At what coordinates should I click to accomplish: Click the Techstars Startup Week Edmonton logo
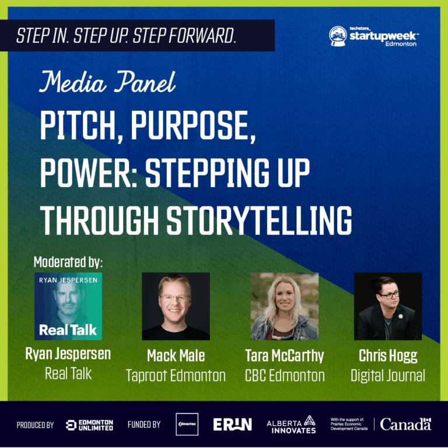pyautogui.click(x=373, y=36)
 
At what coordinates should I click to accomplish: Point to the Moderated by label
pyautogui.click(x=68, y=261)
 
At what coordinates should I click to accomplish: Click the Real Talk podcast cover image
pyautogui.click(x=68, y=306)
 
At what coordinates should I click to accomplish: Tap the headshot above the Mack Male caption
pyautogui.click(x=176, y=306)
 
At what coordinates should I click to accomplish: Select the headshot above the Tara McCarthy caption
pyautogui.click(x=284, y=306)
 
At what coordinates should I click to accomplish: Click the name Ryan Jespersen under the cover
pyautogui.click(x=68, y=354)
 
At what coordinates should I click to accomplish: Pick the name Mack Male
pyautogui.click(x=176, y=356)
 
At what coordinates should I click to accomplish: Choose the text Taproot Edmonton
pyautogui.click(x=176, y=376)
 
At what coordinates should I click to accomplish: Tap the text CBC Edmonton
pyautogui.click(x=285, y=376)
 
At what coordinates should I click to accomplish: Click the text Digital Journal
pyautogui.click(x=388, y=376)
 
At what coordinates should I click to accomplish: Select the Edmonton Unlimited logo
pyautogui.click(x=89, y=425)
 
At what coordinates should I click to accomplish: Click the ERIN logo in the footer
pyautogui.click(x=232, y=425)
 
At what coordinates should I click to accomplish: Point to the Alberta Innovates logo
pyautogui.click(x=291, y=425)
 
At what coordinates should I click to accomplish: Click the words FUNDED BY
pyautogui.click(x=143, y=425)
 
